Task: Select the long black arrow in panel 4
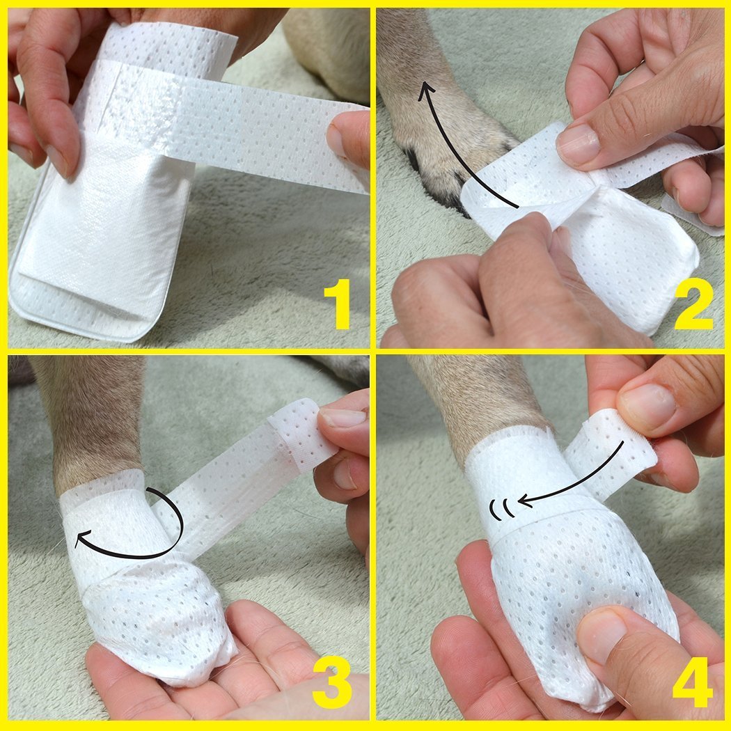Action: coord(578,480)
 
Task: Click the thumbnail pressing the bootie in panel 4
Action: coord(600,634)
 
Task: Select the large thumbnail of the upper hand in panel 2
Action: coord(578,143)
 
